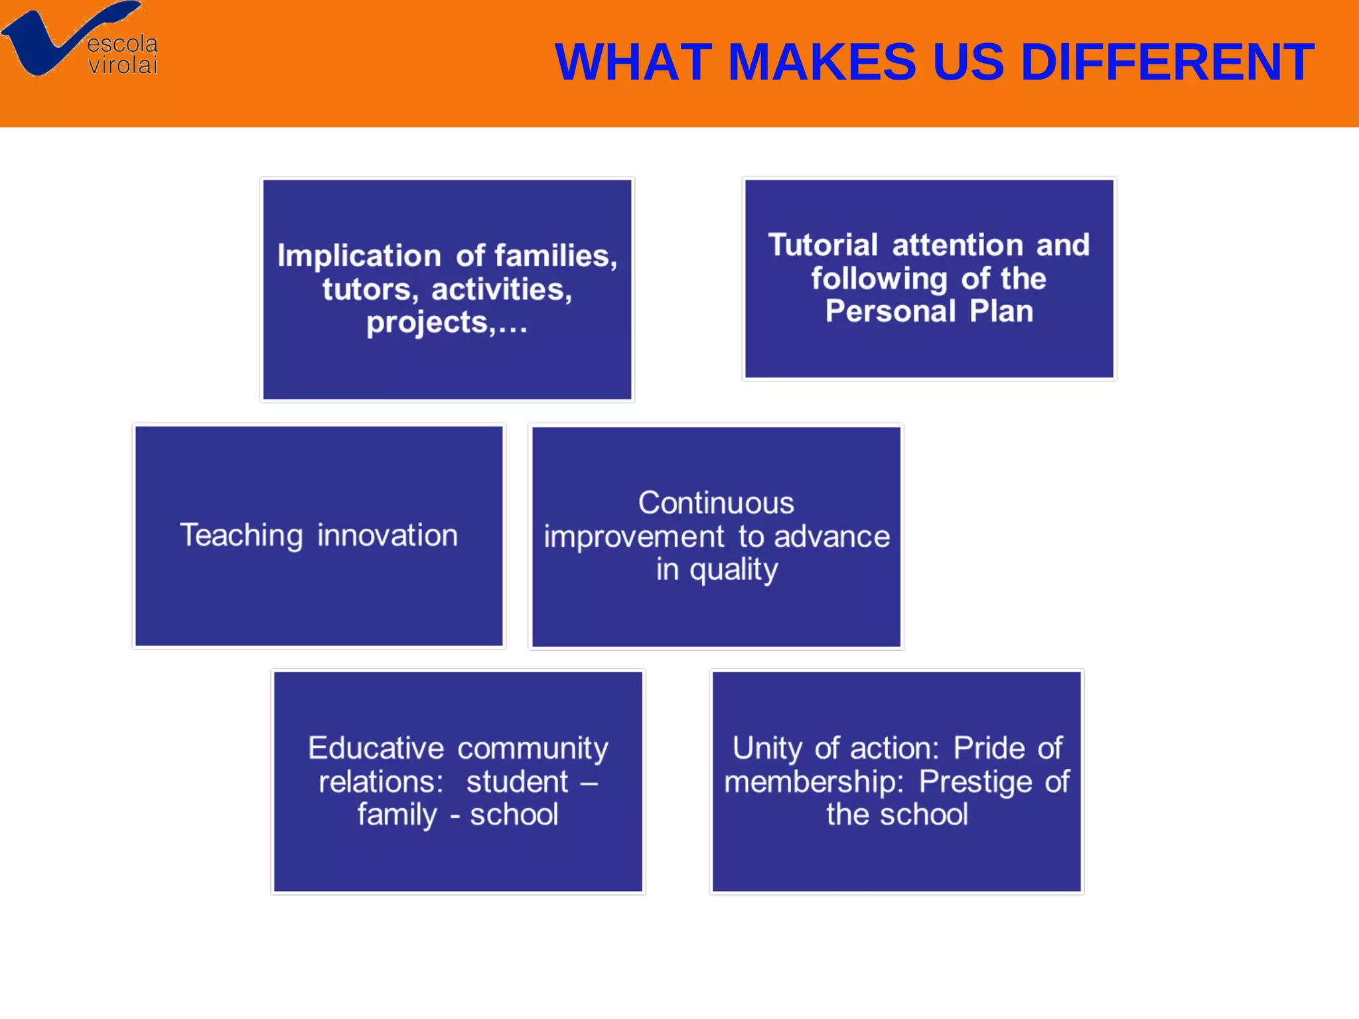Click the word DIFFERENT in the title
coord(1167,62)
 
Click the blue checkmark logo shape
coord(40,46)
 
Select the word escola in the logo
coord(123,44)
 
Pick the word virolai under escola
coord(123,65)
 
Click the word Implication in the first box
coord(359,256)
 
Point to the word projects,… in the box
coord(447,322)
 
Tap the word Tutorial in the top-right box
coord(823,245)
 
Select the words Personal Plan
coord(929,311)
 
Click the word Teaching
coord(242,535)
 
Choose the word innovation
coord(388,535)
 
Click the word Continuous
coord(716,503)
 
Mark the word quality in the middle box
coord(733,570)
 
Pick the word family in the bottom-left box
coord(397,815)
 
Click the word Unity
coord(766,748)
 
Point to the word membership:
coord(814,781)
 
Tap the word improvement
coord(634,536)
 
